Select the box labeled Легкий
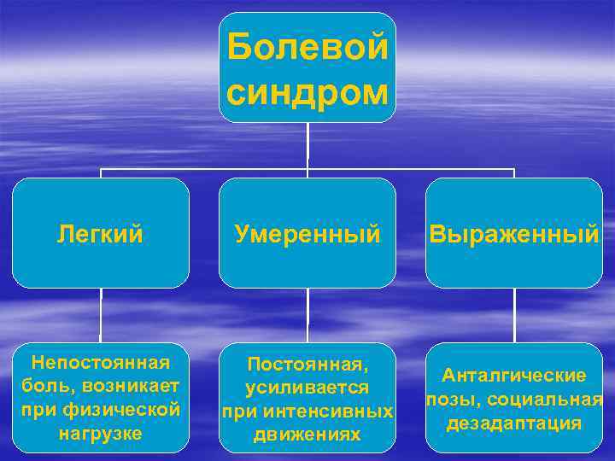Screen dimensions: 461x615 tap(101, 233)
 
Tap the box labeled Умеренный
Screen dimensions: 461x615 tap(307, 233)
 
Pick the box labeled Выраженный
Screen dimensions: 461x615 tap(514, 233)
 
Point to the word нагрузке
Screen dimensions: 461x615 tap(101, 433)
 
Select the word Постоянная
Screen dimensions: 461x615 tap(307, 365)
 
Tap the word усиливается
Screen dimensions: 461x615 tap(307, 388)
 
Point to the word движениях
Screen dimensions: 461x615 tap(307, 435)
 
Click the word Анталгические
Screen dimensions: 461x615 tap(514, 376)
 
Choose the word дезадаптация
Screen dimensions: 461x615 tap(514, 423)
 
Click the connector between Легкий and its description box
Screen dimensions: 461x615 tap(101, 315)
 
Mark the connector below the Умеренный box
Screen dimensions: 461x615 tap(307, 315)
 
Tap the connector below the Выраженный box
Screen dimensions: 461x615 tap(514, 315)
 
